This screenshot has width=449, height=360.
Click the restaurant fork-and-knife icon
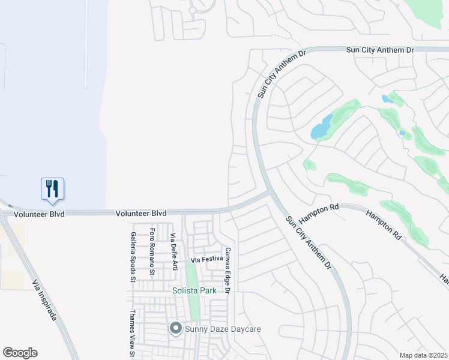click(x=53, y=188)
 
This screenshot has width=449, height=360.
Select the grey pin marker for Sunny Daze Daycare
click(x=175, y=328)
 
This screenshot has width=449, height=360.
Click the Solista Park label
click(x=194, y=291)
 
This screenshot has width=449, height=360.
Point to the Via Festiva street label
click(x=206, y=260)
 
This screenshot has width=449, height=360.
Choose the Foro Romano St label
click(x=152, y=252)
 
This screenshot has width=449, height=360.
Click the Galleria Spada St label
click(x=133, y=257)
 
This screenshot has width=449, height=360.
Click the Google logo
click(x=20, y=353)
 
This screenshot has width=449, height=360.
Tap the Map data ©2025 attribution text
click(x=423, y=355)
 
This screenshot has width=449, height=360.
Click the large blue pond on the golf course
click(x=321, y=127)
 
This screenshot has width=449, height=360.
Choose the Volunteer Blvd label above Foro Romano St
click(x=141, y=213)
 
